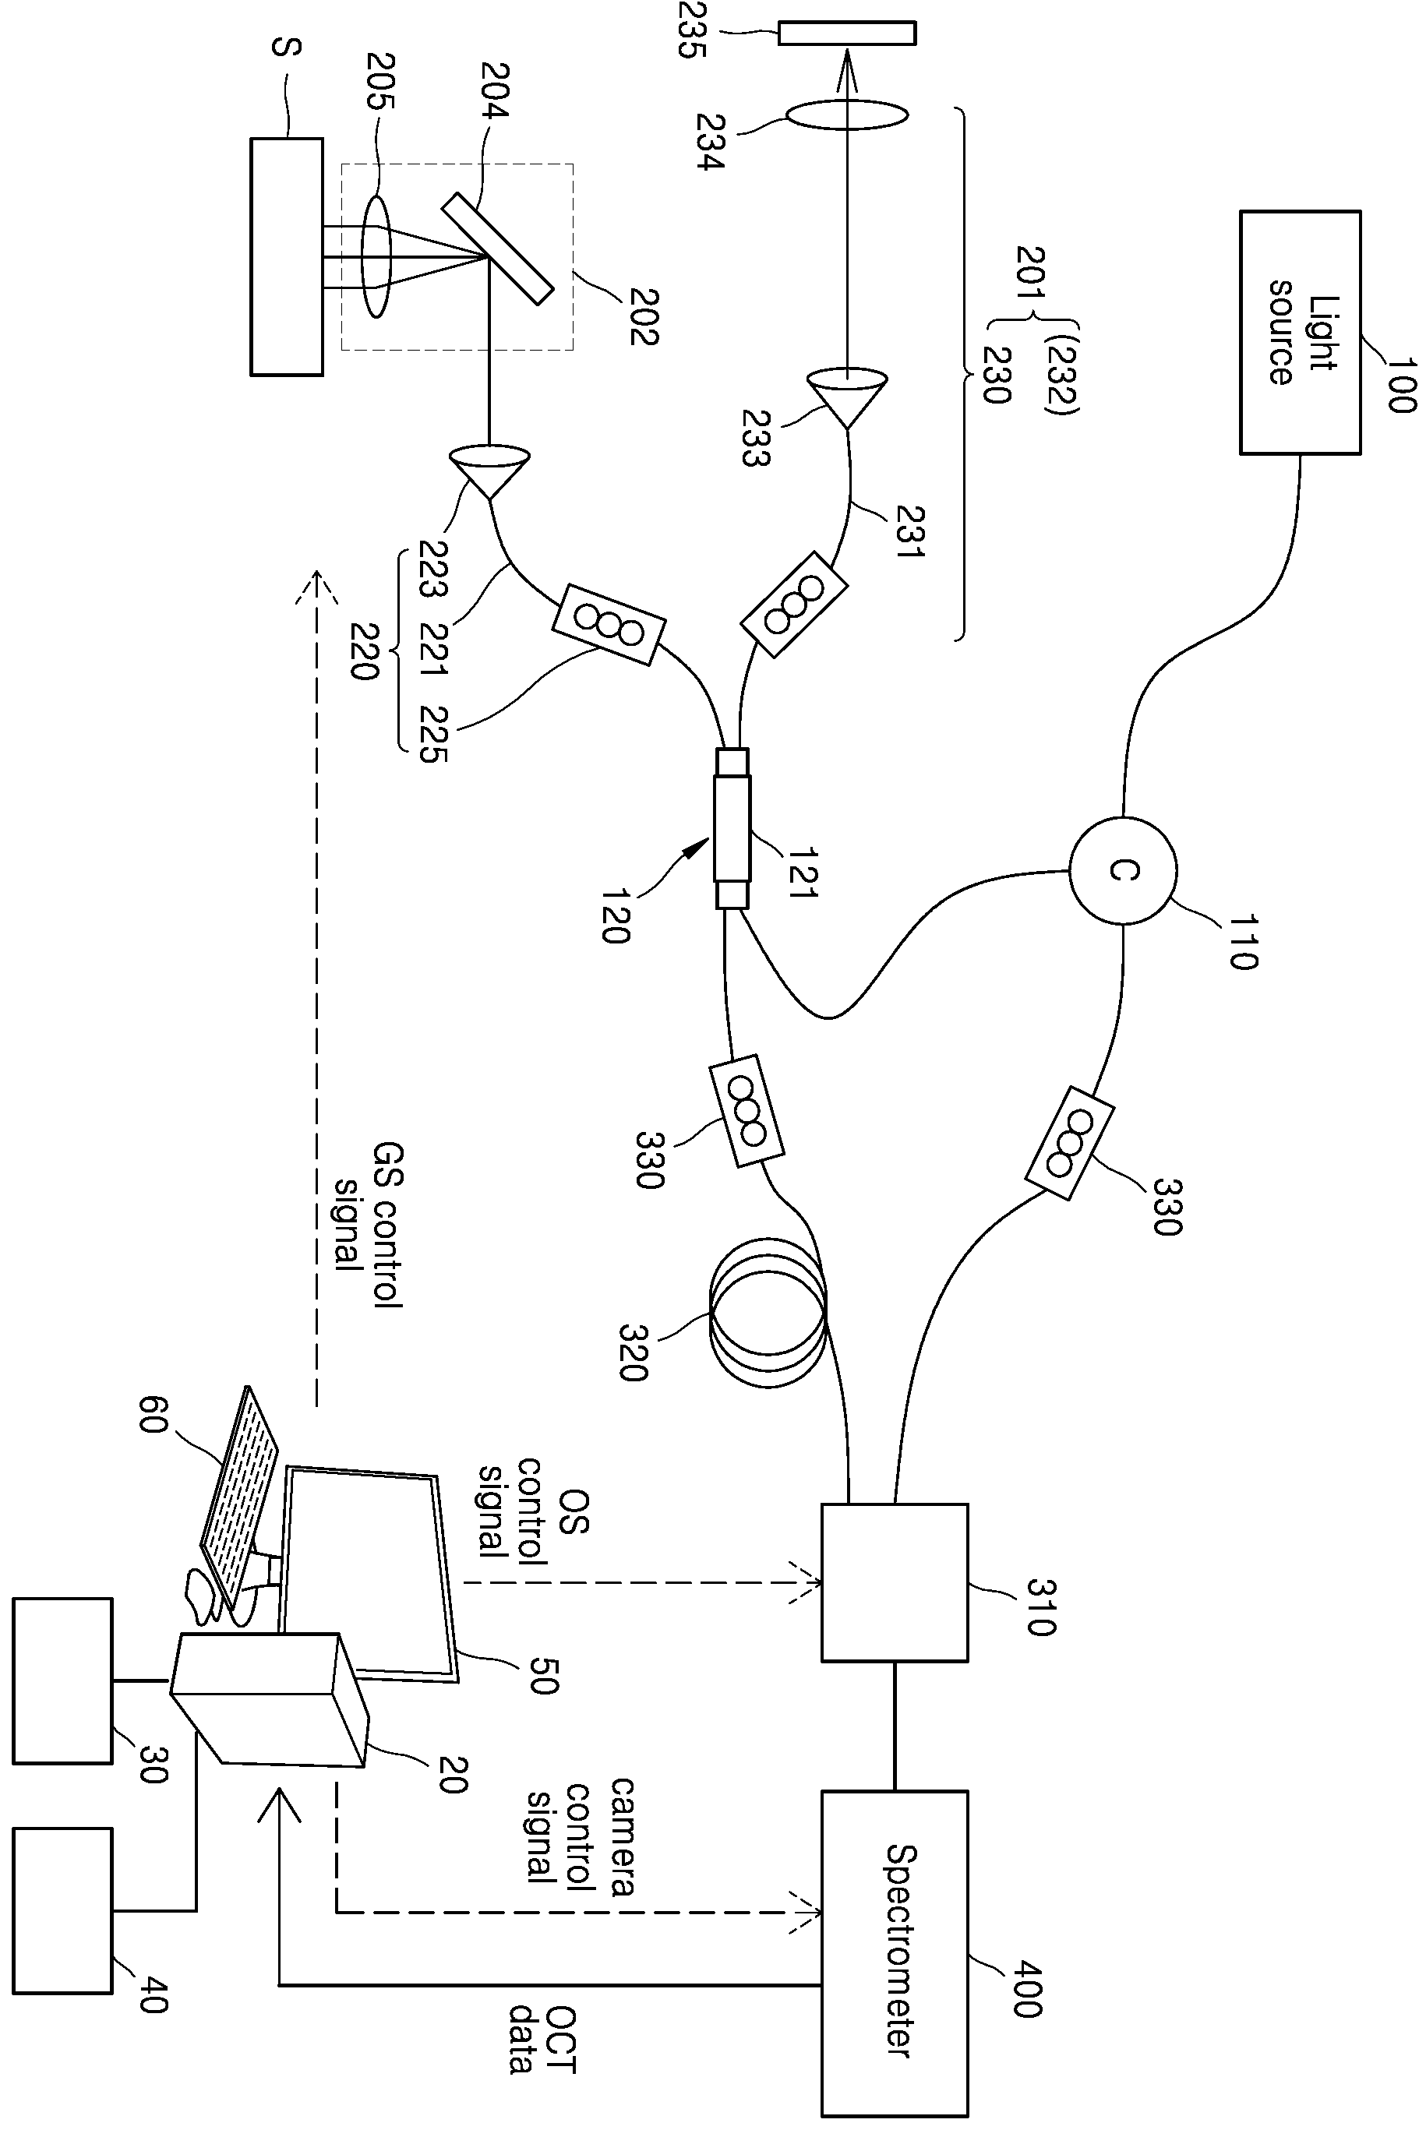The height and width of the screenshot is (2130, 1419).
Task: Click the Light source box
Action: coord(1300,332)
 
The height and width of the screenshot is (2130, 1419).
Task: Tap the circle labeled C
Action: coord(1123,870)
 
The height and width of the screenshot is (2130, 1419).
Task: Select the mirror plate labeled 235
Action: coord(846,33)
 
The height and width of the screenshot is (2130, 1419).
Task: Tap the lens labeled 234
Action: coord(846,116)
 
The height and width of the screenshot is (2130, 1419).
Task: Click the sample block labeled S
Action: coord(286,256)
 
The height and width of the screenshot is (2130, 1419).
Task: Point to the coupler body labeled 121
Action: coord(733,828)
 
